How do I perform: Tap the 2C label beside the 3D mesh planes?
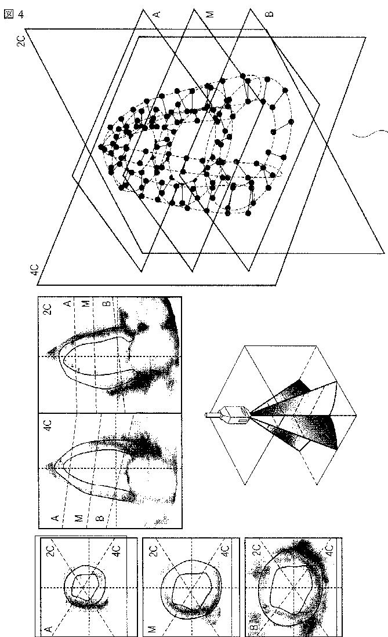coord(21,40)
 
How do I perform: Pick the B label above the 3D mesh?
coord(267,13)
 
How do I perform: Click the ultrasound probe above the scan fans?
coord(227,414)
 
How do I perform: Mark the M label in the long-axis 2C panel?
coord(86,303)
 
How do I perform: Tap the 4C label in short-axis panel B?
coord(329,548)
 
